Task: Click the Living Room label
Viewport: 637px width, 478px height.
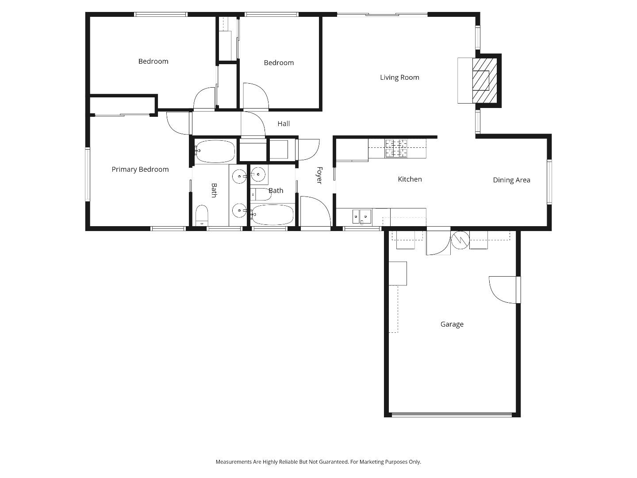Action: tap(399, 77)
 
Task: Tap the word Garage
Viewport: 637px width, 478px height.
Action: tap(452, 324)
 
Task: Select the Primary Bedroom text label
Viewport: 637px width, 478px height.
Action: tap(140, 170)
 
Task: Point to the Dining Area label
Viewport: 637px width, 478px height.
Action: tap(511, 180)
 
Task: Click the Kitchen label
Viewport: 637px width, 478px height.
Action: tap(410, 179)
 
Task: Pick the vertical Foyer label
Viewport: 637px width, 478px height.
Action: tap(319, 175)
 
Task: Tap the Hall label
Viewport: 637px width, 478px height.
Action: tap(284, 124)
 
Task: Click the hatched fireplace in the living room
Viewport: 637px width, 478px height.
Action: tap(484, 81)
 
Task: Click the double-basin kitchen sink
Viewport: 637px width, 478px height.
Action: tap(361, 216)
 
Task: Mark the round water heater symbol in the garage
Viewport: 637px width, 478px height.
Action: tap(460, 240)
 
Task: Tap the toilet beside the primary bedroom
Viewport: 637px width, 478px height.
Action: tap(202, 216)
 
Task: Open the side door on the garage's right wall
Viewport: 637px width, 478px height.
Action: tap(504, 289)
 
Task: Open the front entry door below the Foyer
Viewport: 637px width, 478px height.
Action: tap(315, 212)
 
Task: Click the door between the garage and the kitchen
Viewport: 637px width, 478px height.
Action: tap(438, 243)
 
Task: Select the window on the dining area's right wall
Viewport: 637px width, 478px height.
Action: tap(549, 181)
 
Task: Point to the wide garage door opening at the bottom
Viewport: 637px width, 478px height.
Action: tap(452, 415)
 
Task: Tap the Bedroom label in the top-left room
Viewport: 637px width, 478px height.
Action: tap(153, 62)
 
